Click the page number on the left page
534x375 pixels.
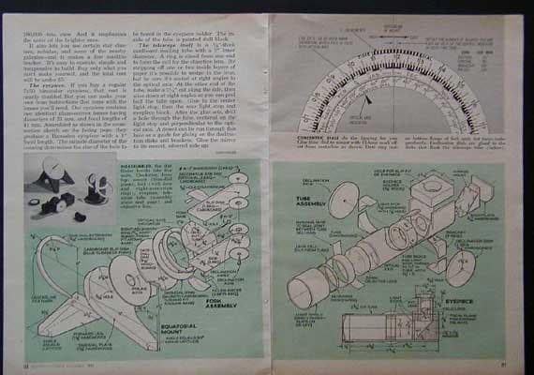(32, 364)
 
